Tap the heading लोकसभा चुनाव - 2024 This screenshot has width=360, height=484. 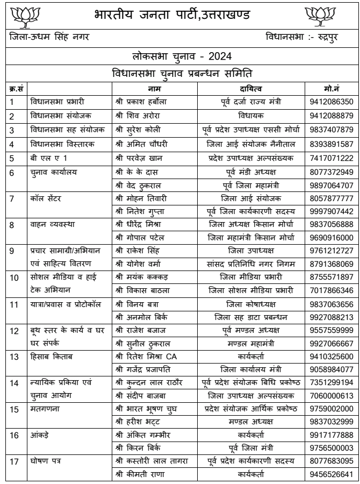[x=180, y=56]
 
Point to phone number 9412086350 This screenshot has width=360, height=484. [x=332, y=101]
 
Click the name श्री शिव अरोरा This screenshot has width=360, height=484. [x=134, y=116]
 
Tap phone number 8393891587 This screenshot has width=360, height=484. [x=332, y=144]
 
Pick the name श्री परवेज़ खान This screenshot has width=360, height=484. [x=139, y=158]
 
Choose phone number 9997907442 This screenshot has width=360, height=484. [x=332, y=212]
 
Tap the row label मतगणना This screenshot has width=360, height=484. [x=42, y=410]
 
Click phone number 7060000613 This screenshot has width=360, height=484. [x=332, y=395]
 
